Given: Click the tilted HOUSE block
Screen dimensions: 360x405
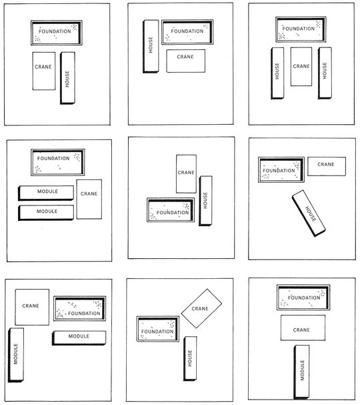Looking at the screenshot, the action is click(309, 214).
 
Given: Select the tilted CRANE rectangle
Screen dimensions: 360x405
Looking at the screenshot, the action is click(201, 308).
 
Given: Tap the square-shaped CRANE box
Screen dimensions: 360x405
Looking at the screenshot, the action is click(32, 307).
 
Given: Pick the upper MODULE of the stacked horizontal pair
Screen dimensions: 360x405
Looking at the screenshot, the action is click(46, 193).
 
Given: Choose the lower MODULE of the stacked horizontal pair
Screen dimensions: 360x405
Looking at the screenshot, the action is click(46, 213).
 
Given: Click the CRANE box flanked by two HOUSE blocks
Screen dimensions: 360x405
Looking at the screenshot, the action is click(301, 66).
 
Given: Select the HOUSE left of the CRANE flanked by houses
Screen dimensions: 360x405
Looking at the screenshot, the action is click(277, 73).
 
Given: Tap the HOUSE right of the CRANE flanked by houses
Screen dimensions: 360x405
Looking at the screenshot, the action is click(325, 73).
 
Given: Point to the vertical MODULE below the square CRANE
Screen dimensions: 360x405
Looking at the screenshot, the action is click(16, 355).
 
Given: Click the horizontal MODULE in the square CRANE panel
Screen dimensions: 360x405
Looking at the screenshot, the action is click(79, 338).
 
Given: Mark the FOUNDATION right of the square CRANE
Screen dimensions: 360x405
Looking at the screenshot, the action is click(80, 308).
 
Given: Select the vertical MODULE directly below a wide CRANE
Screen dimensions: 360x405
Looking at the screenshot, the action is click(302, 372).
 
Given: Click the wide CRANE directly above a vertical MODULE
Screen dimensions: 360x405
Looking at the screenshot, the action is click(303, 328).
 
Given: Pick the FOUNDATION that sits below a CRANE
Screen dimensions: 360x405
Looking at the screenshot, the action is click(171, 210).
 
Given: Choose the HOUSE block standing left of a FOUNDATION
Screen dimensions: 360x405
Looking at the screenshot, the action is click(151, 47).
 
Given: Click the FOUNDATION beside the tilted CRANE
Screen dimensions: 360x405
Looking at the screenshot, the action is click(158, 329).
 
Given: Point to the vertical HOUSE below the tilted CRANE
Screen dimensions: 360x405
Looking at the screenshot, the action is click(190, 358).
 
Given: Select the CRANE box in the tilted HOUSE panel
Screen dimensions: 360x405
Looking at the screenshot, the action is click(327, 166).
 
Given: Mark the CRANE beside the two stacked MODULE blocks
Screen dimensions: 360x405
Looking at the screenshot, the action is click(89, 199).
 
